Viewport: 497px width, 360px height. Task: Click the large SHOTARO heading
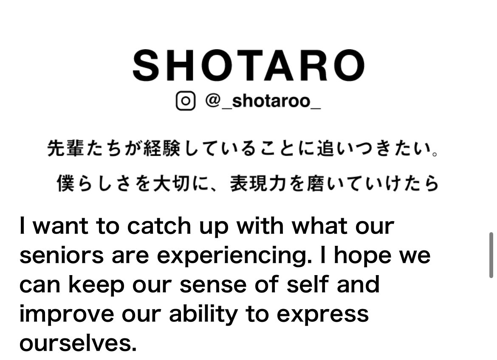[248, 66]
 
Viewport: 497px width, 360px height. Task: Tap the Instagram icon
[186, 101]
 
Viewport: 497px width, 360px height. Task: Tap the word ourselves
[78, 343]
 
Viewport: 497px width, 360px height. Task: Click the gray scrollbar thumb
[491, 255]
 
